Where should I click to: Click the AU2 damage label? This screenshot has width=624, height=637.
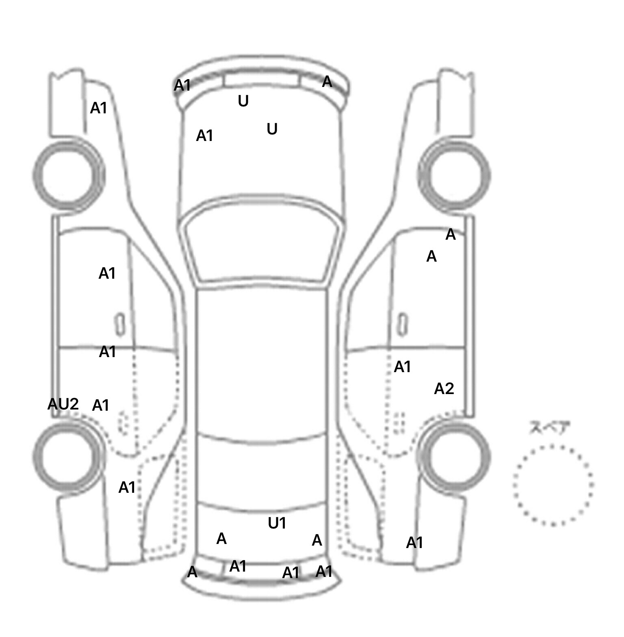[x=63, y=404]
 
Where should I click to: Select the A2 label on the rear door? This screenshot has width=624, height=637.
[x=444, y=389]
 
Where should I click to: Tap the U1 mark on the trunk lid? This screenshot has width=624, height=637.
[x=277, y=523]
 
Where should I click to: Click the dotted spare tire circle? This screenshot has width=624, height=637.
[x=553, y=485]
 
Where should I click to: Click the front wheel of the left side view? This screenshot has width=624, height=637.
[x=68, y=175]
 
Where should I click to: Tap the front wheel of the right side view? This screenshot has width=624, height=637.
[x=454, y=175]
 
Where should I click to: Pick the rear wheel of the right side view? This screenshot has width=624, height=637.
[x=454, y=456]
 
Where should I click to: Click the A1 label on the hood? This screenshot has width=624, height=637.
[x=204, y=136]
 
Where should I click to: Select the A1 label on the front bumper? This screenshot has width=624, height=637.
[x=182, y=85]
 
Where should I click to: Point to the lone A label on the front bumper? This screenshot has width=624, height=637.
[x=327, y=82]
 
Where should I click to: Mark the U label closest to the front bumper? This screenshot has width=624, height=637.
[x=243, y=101]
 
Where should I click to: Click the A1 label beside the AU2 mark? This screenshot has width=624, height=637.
[x=101, y=405]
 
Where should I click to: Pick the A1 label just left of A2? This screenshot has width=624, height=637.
[x=403, y=367]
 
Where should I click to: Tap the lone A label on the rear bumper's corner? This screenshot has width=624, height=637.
[x=192, y=572]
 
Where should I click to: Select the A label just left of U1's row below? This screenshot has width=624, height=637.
[x=221, y=539]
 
